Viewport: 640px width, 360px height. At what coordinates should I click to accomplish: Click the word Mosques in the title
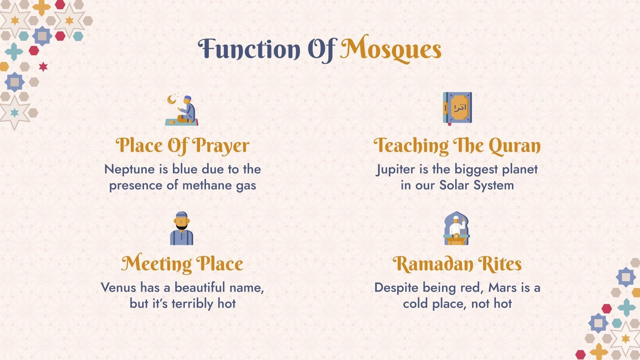[390, 49]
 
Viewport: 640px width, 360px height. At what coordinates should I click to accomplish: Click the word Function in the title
[249, 49]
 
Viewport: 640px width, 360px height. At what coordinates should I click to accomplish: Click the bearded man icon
[182, 228]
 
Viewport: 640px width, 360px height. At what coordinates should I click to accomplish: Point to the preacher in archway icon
[456, 228]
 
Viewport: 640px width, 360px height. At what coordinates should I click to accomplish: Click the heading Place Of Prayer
[182, 146]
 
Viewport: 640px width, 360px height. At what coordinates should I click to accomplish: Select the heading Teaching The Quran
[457, 146]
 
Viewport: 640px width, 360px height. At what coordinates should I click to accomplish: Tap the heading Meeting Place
[182, 264]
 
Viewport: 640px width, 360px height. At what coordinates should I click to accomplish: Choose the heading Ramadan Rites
[457, 264]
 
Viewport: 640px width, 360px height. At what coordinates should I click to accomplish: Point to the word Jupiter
[396, 170]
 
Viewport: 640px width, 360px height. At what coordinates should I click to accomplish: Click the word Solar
[454, 185]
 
